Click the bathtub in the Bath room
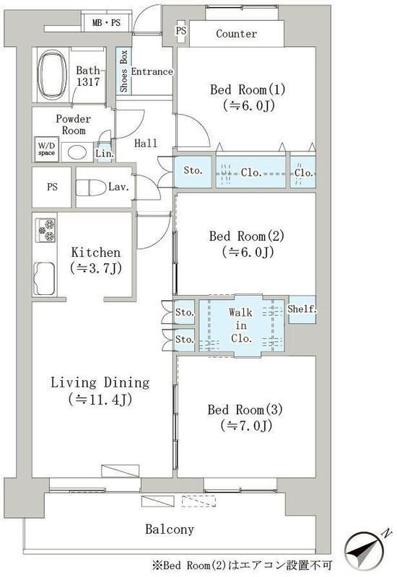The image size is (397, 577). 53,75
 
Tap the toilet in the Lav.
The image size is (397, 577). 90,188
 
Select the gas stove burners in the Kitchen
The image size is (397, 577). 45,230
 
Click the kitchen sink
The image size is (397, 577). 45,279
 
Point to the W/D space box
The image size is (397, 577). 46,149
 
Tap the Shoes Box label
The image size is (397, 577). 123,71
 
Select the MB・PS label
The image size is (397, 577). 106,23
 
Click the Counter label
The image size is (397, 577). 237,34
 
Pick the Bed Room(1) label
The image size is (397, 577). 248,89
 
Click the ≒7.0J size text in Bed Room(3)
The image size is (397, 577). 246,426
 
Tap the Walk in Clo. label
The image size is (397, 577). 241,325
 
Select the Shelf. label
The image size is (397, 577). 302,309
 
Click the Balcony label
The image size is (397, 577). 170,529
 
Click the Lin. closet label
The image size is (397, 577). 105,154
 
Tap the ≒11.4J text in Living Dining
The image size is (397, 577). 100,400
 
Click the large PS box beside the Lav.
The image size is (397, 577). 51,187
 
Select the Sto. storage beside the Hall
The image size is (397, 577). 193,172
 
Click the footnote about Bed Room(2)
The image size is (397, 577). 243,565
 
